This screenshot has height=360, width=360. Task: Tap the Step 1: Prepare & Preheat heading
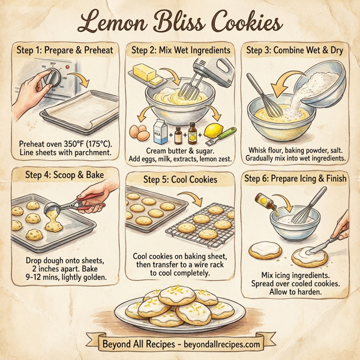pos(60,51)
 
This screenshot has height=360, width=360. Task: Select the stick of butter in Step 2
pos(146,74)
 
